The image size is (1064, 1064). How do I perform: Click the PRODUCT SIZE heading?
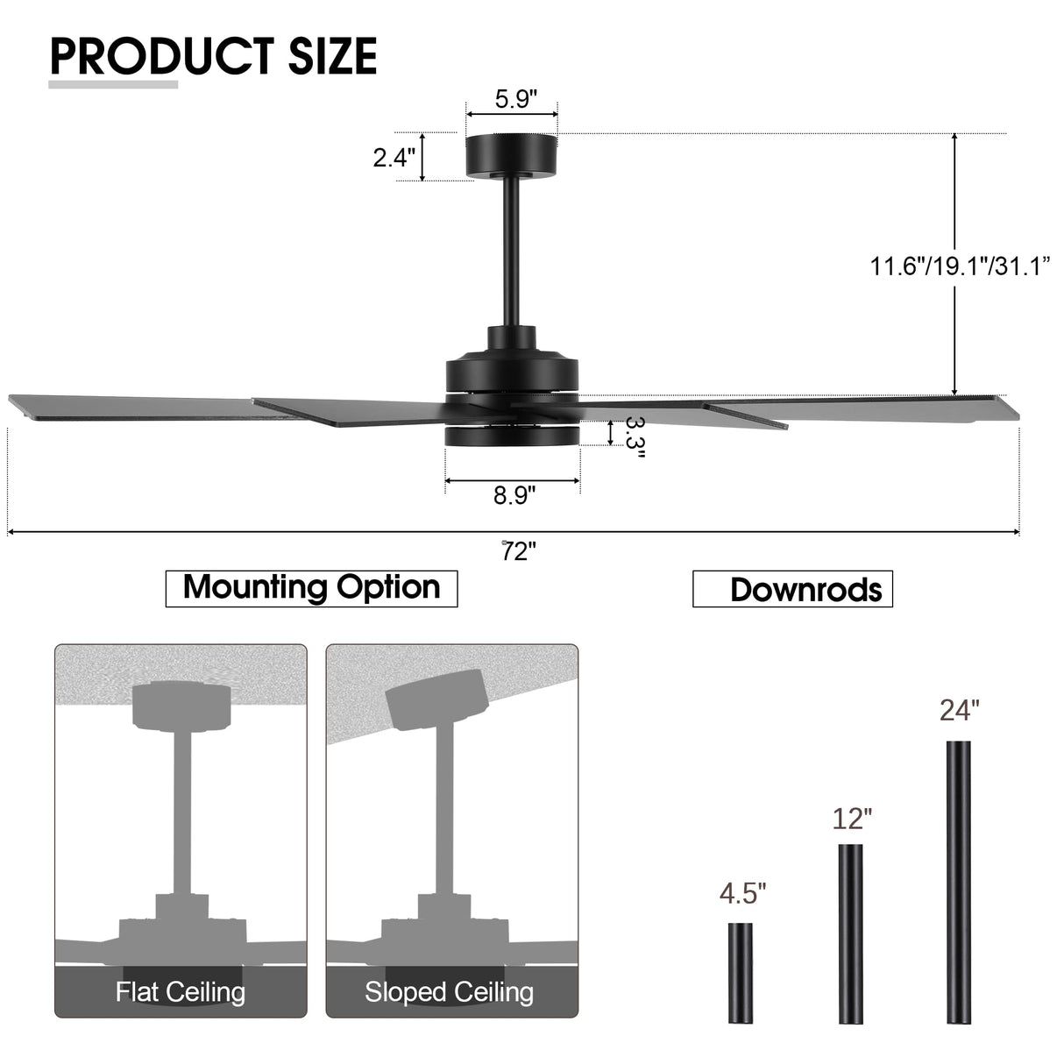click(x=213, y=56)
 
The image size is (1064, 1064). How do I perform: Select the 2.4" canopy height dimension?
click(x=394, y=158)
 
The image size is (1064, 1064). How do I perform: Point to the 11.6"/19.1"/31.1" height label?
click(x=959, y=266)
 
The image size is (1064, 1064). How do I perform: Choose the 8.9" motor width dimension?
click(x=514, y=496)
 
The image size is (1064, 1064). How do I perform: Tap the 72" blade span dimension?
click(x=519, y=552)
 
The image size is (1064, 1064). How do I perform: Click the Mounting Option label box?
click(x=311, y=588)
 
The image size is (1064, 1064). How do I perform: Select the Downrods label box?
click(x=792, y=589)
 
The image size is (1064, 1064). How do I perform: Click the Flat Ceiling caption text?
click(x=181, y=992)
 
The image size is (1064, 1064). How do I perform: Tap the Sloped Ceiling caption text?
click(x=450, y=992)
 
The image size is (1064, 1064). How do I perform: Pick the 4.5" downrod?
click(x=740, y=973)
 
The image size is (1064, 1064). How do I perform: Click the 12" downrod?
click(x=851, y=933)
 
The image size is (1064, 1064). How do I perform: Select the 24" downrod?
click(x=959, y=882)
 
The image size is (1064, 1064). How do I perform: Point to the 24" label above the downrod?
click(x=959, y=710)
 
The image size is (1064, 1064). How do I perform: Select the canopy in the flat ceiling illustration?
click(x=181, y=706)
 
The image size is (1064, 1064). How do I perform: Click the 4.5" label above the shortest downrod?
click(x=742, y=894)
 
